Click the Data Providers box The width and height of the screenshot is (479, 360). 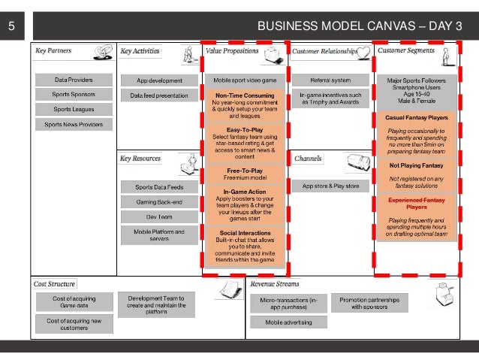pyautogui.click(x=74, y=80)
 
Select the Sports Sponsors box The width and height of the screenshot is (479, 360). pyautogui.click(x=74, y=95)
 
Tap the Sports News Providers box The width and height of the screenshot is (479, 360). pyautogui.click(x=74, y=124)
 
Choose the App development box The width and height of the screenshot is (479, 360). pyautogui.click(x=159, y=80)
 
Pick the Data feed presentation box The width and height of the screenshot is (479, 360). pyautogui.click(x=159, y=95)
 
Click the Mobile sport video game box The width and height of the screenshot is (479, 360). pyautogui.click(x=245, y=80)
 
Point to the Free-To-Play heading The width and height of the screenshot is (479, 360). pyautogui.click(x=245, y=170)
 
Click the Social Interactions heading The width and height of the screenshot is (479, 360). pyautogui.click(x=245, y=234)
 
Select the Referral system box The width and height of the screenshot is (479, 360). pyautogui.click(x=330, y=80)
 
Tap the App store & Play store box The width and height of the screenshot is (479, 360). pyautogui.click(x=330, y=186)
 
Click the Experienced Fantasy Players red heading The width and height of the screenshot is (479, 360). pyautogui.click(x=417, y=204)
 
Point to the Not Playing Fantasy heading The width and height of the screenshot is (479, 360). pyautogui.click(x=416, y=165)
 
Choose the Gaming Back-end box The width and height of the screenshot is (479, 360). pyautogui.click(x=159, y=202)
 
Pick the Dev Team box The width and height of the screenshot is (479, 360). pyautogui.click(x=159, y=216)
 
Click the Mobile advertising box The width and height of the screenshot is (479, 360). pyautogui.click(x=288, y=322)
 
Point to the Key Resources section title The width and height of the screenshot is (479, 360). pyautogui.click(x=140, y=159)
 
